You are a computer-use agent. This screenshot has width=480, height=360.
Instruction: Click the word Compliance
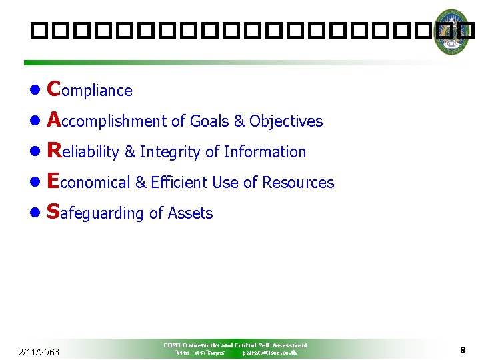pos(91,89)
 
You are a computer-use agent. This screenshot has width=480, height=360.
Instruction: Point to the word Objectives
pos(286,121)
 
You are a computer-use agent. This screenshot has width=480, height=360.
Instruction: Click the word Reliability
pos(84,151)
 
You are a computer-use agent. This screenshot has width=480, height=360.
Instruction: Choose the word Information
pos(265,152)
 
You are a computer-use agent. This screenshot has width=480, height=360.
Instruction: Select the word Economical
pos(89,182)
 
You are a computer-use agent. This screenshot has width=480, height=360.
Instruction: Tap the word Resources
pos(298,183)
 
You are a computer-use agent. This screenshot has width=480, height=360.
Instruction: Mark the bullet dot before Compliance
pos(35,91)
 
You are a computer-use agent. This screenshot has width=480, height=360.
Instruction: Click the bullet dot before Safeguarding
pos(35,213)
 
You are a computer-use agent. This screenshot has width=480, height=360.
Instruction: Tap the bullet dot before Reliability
pos(35,152)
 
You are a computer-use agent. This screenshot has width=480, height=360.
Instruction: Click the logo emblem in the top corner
pos(451,31)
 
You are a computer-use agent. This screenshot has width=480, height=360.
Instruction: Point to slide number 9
pos(462,350)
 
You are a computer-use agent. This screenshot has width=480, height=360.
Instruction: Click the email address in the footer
pos(269,353)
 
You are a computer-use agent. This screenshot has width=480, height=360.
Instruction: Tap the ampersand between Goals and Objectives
pos(239,121)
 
